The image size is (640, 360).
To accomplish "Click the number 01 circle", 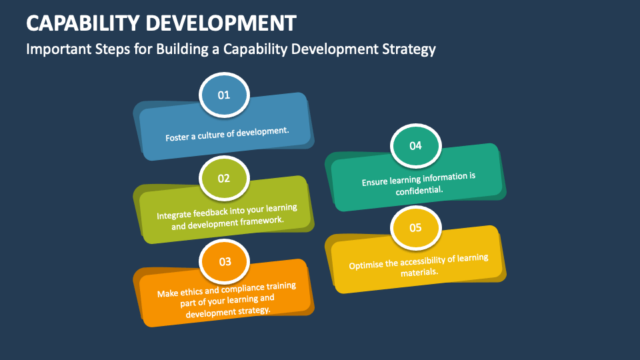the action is (224, 95).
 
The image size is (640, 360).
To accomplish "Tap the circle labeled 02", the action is (224, 178).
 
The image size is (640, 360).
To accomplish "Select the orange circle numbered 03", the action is (224, 261).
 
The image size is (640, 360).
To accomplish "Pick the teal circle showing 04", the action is (415, 146).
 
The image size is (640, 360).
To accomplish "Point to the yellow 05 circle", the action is (415, 228).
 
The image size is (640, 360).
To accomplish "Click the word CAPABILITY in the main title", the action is (83, 23).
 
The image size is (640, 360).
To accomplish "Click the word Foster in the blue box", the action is (177, 137).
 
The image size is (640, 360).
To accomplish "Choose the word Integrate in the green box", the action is (174, 215).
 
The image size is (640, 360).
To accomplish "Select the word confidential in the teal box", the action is (419, 190).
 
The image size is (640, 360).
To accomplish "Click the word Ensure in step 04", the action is (374, 181).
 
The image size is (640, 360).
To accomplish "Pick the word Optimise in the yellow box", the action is (365, 265).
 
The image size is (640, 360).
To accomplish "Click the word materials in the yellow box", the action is (419, 272).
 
